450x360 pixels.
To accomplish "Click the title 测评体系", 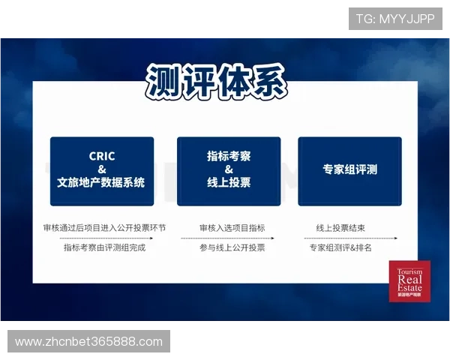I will click(x=217, y=81).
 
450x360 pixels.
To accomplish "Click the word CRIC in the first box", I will click(x=102, y=156).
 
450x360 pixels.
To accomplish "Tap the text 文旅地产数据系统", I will click(x=102, y=182).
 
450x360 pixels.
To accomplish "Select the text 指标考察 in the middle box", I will click(x=229, y=156).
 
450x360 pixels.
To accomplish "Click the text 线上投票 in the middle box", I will click(x=229, y=182).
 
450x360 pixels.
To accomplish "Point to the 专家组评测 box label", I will click(x=349, y=169).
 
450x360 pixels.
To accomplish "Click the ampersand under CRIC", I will click(x=102, y=169).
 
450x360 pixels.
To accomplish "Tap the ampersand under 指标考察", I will click(x=229, y=169).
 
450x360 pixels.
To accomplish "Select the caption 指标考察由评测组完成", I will click(x=104, y=247).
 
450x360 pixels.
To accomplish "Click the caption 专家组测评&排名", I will click(x=340, y=247).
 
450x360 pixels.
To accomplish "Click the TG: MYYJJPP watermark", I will click(x=395, y=19).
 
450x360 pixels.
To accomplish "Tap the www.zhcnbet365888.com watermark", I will click(x=89, y=342).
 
